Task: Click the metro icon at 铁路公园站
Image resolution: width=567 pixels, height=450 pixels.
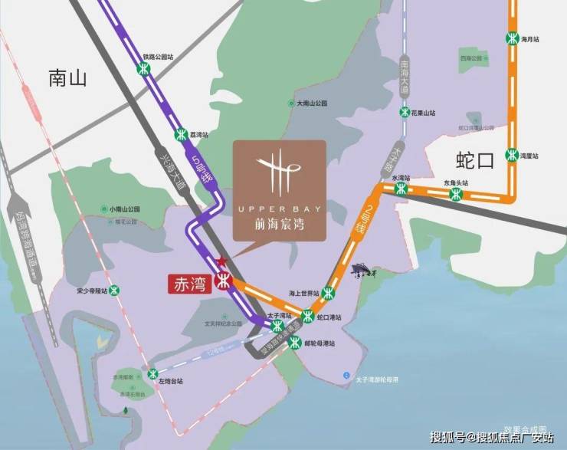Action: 143,69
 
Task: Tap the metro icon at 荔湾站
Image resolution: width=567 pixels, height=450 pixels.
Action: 181,133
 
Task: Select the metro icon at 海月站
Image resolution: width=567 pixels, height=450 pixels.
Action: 513,38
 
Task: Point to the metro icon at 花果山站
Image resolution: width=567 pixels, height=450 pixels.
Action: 405,112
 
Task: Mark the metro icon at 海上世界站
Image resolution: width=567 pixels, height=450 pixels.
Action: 329,292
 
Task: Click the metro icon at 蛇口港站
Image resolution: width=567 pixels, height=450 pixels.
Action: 307,315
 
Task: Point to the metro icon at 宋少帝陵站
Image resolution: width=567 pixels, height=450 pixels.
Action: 115,290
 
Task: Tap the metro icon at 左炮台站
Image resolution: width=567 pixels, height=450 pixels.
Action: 155,374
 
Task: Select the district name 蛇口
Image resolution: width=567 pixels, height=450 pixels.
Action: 475,160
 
